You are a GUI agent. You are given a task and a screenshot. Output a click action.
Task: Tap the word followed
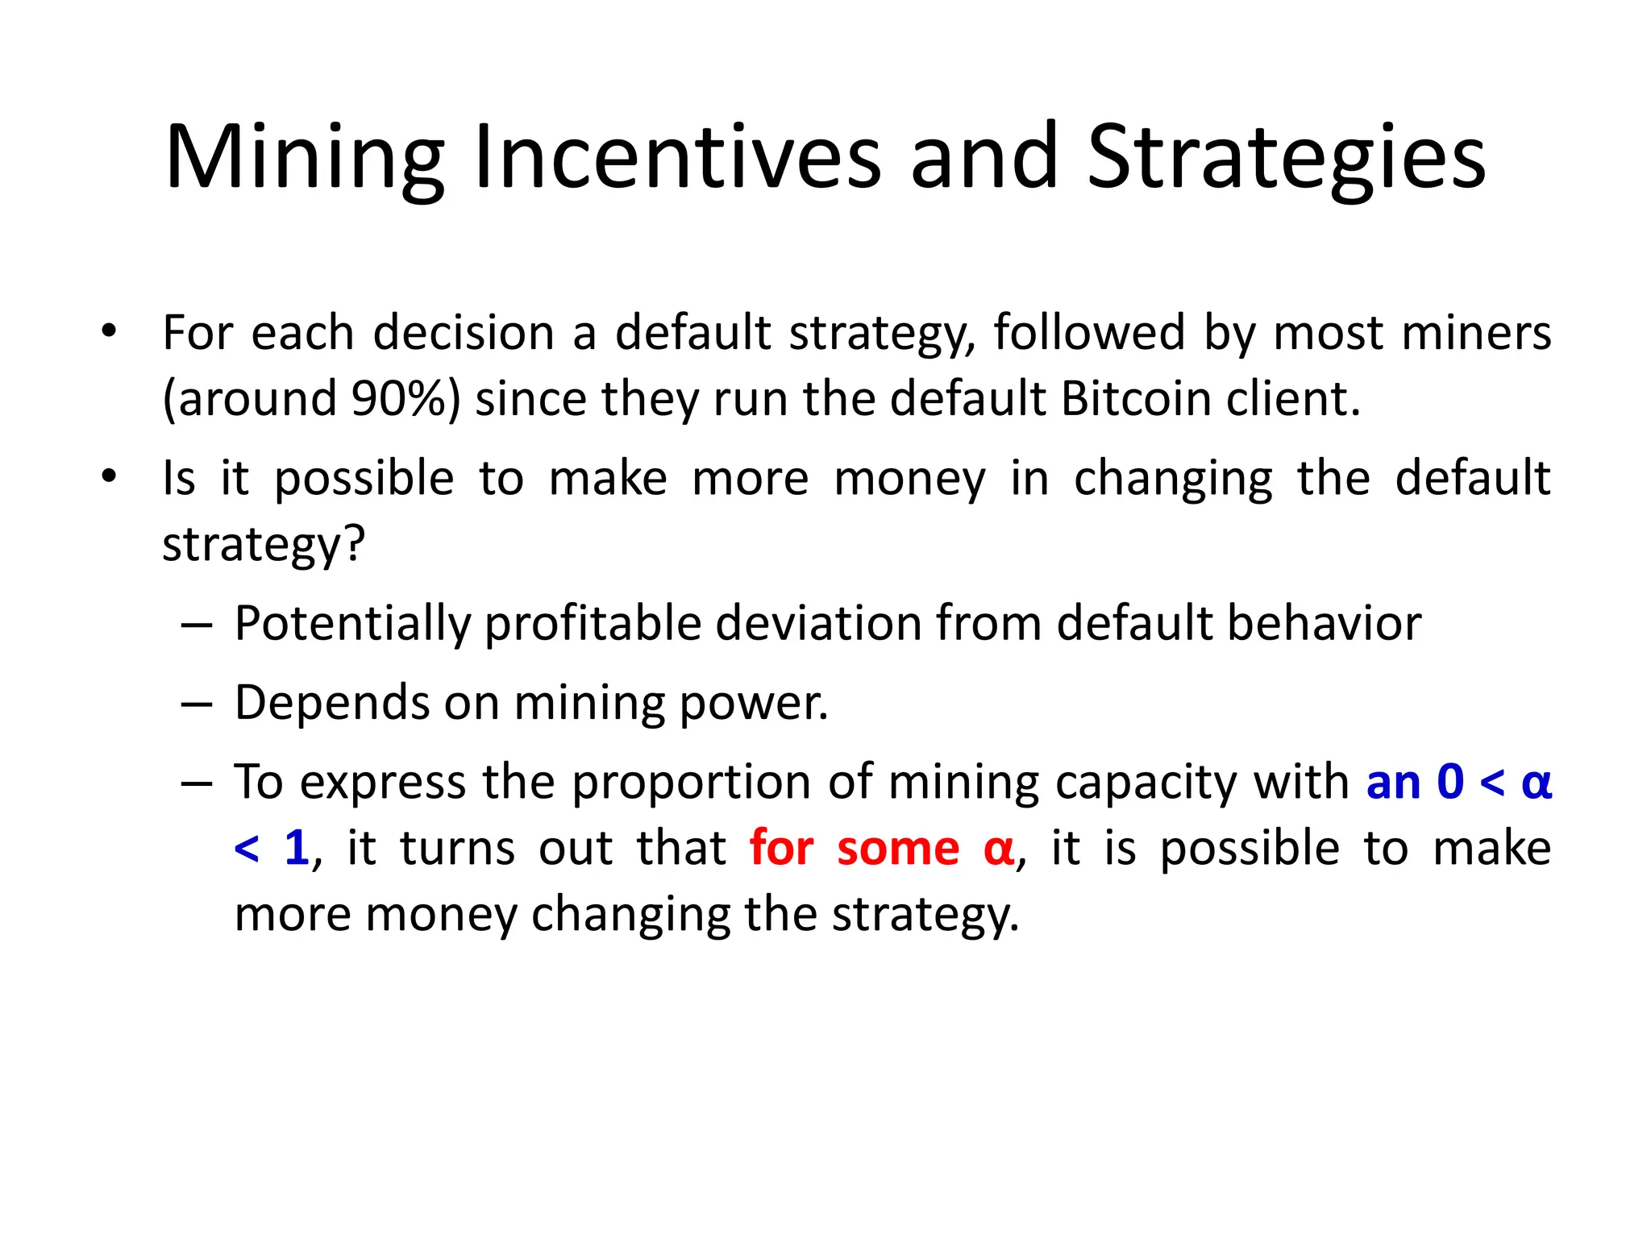pos(1088,332)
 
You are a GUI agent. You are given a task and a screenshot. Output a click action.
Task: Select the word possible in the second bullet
pos(364,478)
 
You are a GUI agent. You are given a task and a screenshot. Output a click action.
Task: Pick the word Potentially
pos(351,624)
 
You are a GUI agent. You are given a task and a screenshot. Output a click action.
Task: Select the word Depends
pos(331,703)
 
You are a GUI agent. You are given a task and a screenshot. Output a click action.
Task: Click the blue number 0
pos(1450,782)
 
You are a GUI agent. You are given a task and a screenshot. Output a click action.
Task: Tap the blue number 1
pos(297,848)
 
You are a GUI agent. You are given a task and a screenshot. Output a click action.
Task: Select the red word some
pos(898,848)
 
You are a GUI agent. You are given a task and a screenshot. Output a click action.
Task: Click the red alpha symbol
pos(999,850)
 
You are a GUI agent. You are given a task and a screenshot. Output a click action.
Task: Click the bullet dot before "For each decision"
pos(109,330)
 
